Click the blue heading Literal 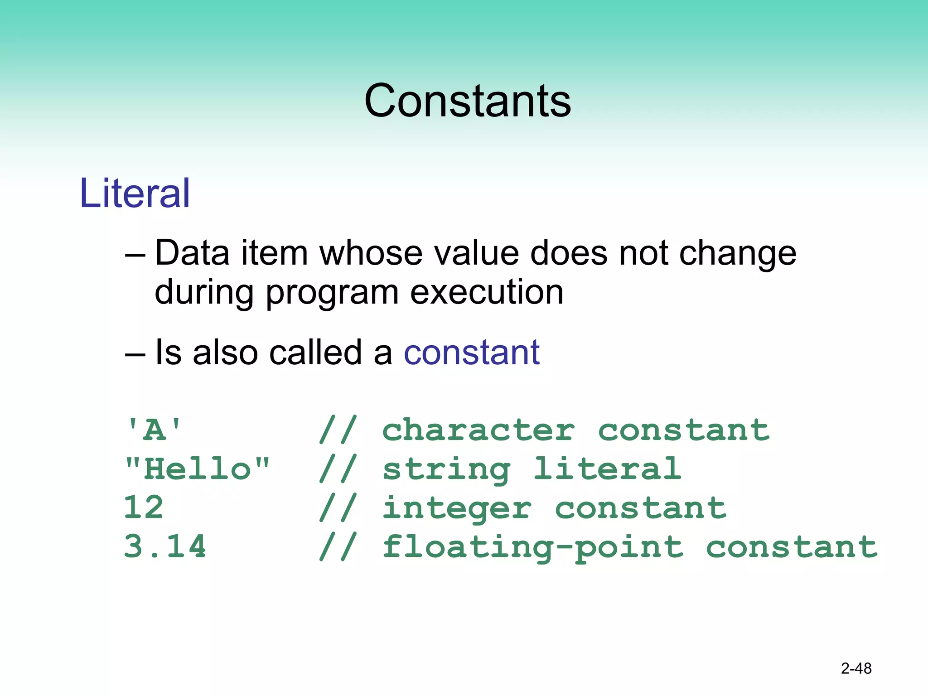click(x=135, y=193)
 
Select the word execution click(x=487, y=292)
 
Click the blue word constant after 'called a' click(x=472, y=353)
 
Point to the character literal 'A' click(x=154, y=430)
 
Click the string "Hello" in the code click(x=197, y=469)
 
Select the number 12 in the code click(x=143, y=507)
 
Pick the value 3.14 click(x=165, y=546)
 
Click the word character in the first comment click(x=478, y=430)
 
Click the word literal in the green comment click(x=607, y=469)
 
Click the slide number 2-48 click(x=856, y=668)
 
